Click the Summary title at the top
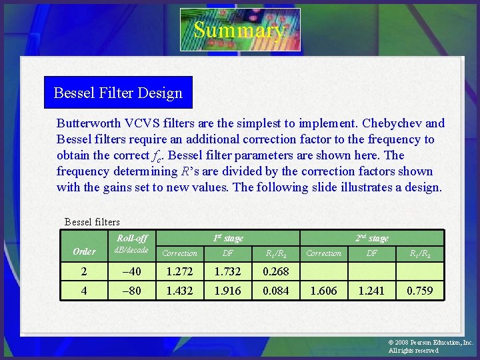click(239, 30)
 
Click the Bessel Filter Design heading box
click(118, 93)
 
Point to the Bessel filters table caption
click(92, 221)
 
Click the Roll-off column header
click(132, 238)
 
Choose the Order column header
click(84, 251)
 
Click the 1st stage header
click(227, 238)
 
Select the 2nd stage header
click(371, 238)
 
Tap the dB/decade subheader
click(132, 250)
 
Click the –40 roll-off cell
click(132, 271)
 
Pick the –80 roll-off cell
click(132, 291)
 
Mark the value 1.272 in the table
click(180, 271)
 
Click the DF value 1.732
click(227, 271)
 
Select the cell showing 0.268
click(275, 271)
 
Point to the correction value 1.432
click(180, 291)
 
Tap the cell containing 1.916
click(227, 291)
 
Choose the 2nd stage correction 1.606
click(323, 291)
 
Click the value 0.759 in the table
click(419, 291)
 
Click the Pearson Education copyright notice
click(430, 346)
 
